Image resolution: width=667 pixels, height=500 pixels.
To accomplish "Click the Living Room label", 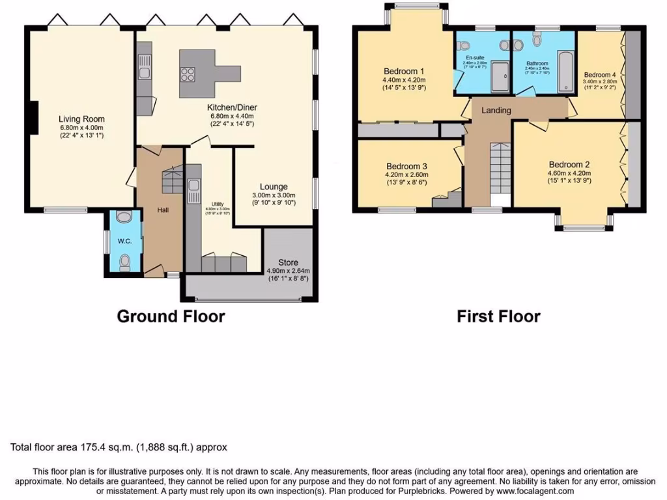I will coord(81,119).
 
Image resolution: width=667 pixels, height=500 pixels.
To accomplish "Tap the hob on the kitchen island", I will coord(189,74).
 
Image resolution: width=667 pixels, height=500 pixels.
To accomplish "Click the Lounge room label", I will coord(274,187).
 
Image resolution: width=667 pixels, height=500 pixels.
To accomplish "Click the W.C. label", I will coord(125,241).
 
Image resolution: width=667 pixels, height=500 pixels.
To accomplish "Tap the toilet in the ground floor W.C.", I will coord(125,262).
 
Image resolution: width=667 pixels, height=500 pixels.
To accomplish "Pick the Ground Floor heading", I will coord(171,316).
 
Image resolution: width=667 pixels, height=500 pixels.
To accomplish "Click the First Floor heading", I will coord(498,316).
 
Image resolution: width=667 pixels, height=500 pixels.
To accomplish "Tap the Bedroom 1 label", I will coord(404,72).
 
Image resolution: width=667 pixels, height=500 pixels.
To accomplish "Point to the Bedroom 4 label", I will coord(599,75).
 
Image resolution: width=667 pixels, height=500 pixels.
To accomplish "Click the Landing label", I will coord(496,111).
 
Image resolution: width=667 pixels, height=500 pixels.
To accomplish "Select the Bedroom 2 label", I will coord(569,164).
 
